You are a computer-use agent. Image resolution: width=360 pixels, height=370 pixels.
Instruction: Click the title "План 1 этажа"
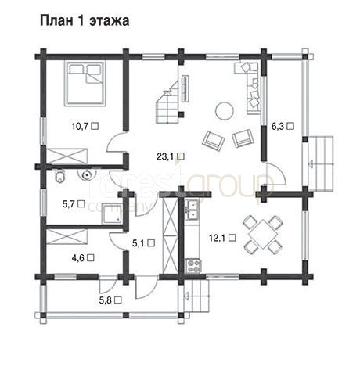pyautogui.click(x=85, y=21)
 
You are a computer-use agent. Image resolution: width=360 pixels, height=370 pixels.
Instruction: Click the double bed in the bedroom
pyautogui.click(x=85, y=83)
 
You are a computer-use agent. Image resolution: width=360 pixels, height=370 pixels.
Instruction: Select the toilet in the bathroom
pyautogui.click(x=60, y=176)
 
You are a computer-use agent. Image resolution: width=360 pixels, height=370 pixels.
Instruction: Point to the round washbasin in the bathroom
pyautogui.click(x=86, y=174)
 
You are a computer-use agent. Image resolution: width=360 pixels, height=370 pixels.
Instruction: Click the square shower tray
pyautogui.click(x=113, y=214)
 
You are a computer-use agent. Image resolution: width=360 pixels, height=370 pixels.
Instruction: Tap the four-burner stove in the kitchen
pyautogui.click(x=193, y=266)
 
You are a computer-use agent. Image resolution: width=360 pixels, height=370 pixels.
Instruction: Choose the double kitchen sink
pyautogui.click(x=192, y=210)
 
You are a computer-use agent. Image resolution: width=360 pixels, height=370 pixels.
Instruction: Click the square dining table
pyautogui.click(x=263, y=234)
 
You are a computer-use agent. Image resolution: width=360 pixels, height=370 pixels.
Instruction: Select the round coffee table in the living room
pyautogui.click(x=224, y=110)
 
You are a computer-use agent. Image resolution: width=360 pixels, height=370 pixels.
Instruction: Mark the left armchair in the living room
pyautogui.click(x=214, y=140)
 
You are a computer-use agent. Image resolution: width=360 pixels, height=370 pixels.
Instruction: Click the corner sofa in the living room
pyautogui.click(x=250, y=88)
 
